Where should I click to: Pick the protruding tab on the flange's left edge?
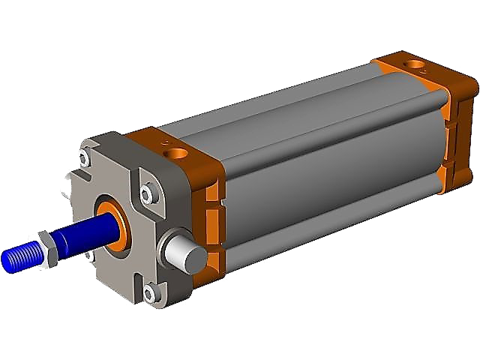(x=71, y=179)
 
